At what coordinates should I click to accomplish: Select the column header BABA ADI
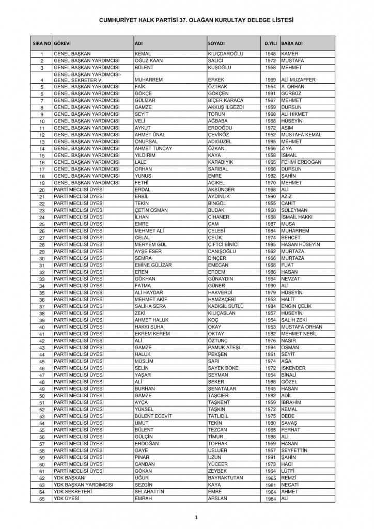click(292, 42)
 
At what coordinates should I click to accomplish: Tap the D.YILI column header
click(270, 42)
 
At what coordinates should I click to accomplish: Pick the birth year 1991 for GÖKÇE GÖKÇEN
click(271, 94)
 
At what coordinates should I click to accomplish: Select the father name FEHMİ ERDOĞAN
click(301, 162)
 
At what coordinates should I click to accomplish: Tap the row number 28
click(42, 244)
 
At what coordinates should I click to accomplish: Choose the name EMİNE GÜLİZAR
click(153, 265)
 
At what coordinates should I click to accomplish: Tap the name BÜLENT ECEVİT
click(153, 416)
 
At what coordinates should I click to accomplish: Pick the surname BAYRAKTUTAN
click(225, 478)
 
